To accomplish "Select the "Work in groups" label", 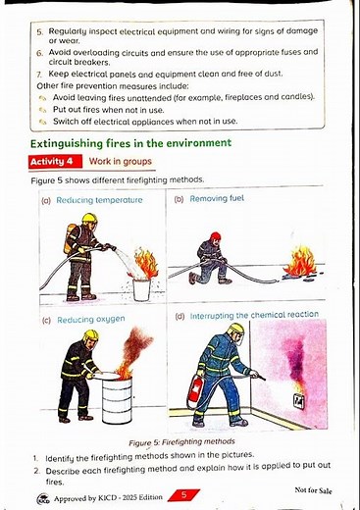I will [x=120, y=161].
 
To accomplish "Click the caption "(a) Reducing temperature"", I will [x=91, y=200].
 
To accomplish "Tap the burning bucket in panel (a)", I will [x=142, y=287].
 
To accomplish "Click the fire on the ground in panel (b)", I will [x=299, y=264].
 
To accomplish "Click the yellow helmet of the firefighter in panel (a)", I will [x=89, y=218].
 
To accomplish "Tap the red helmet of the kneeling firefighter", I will [x=215, y=236].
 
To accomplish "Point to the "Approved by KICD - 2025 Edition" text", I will [x=102, y=498].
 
